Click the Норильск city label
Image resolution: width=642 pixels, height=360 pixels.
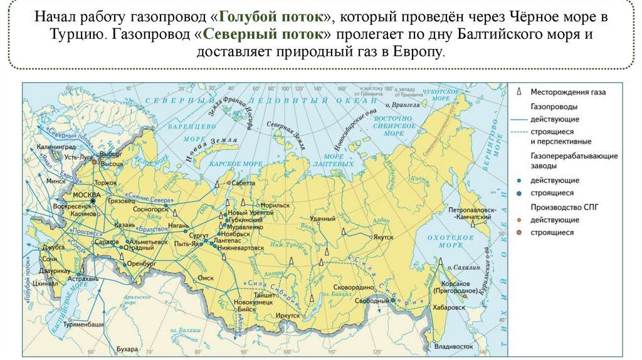(x=276, y=205)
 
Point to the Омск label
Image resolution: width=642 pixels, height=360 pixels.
(x=206, y=277)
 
